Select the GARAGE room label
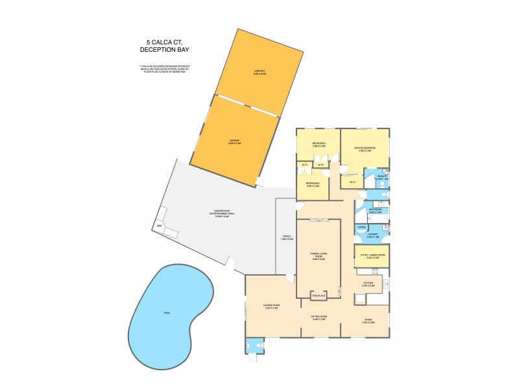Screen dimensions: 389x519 point(234,141)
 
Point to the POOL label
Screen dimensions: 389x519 point(167,313)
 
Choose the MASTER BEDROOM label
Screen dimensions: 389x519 point(365,150)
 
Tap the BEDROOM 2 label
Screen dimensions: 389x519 point(319,144)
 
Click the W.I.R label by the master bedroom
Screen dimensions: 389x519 point(352,181)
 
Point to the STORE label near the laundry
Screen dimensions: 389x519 point(362,227)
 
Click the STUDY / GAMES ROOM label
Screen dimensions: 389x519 point(372,257)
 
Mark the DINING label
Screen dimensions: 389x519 point(368,320)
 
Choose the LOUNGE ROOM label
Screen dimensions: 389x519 point(272,307)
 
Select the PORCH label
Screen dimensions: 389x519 point(285,238)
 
